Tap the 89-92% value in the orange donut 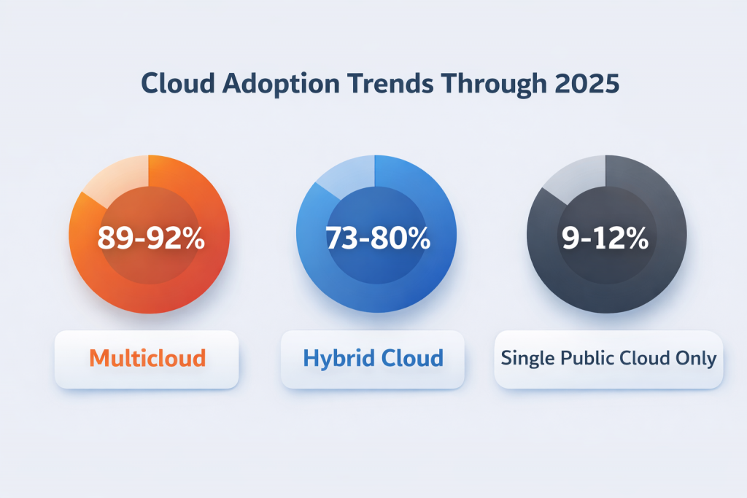pyautogui.click(x=151, y=238)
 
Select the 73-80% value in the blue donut pyautogui.click(x=376, y=238)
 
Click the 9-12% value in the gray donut pyautogui.click(x=606, y=238)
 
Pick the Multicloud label pyautogui.click(x=147, y=358)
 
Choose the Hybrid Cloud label pyautogui.click(x=373, y=358)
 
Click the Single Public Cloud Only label pyautogui.click(x=608, y=358)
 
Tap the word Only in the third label pyautogui.click(x=697, y=358)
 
